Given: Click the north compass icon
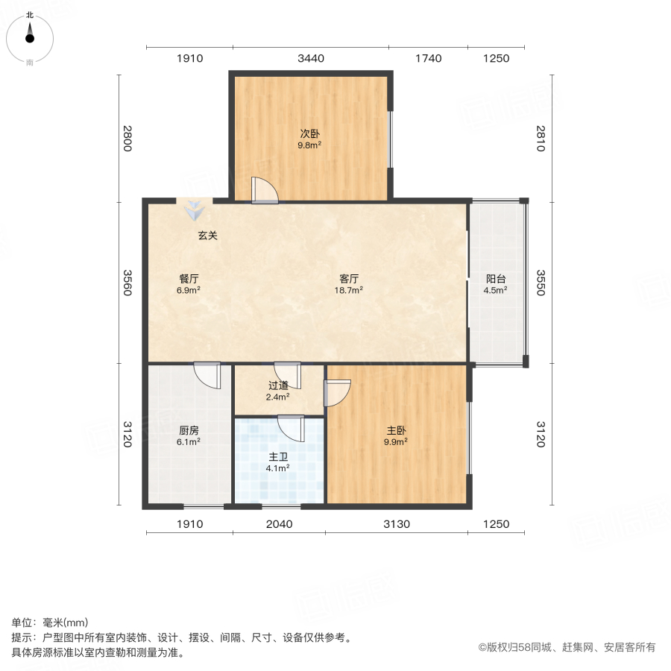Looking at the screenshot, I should pos(30,34).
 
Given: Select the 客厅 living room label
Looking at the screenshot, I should pos(348,279).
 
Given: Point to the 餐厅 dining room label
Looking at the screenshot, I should pos(189,279).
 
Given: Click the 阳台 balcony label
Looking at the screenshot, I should pos(496,279).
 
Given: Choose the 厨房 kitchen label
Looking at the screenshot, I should pos(189,430).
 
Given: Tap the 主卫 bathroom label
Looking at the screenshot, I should pos(278,457).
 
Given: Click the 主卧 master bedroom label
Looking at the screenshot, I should pos(397,430).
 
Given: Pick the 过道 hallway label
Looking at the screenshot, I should pos(278,385).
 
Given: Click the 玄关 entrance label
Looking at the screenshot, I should pos(207,236).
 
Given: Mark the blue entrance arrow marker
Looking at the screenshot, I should pos(194,210).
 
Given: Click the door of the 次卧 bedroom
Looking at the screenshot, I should pos(264,191).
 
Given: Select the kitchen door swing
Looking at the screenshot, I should pos(208,374).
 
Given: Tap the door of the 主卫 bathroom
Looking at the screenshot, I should pos(290,427).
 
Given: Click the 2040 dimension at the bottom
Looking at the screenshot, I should pos(278,524).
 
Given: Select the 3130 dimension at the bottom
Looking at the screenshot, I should pos(397,524).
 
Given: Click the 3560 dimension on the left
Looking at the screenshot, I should pos(127,282).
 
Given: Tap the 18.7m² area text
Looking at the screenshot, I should pos(348,290).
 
